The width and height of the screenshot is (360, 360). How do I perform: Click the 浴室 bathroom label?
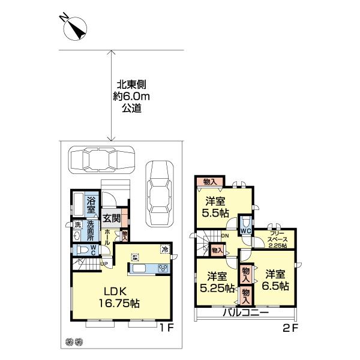click(92, 202)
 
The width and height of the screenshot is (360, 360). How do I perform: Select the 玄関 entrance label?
click(111, 218)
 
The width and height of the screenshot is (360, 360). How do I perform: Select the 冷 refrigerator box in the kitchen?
click(164, 249)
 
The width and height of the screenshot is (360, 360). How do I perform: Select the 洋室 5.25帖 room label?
click(217, 282)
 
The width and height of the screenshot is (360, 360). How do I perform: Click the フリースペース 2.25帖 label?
click(277, 238)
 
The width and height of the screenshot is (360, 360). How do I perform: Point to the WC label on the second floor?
click(246, 230)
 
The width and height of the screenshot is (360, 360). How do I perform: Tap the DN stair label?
click(223, 236)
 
